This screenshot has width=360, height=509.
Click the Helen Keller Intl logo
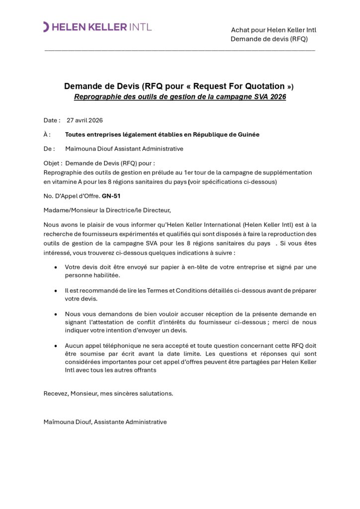tap(97, 27)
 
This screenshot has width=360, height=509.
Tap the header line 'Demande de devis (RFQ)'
tap(269, 39)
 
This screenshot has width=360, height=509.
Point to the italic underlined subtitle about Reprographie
tap(180, 97)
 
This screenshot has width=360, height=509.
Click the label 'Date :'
tap(52, 120)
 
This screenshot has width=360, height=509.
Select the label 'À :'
tap(47, 134)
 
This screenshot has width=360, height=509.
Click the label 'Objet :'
tap(53, 163)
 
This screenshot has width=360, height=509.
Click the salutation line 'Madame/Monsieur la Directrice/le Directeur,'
tap(107, 210)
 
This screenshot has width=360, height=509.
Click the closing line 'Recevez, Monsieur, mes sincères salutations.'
tap(108, 393)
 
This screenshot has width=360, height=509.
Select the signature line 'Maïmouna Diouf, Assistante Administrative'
tap(105, 422)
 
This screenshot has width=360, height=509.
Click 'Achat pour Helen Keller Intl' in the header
tap(273, 30)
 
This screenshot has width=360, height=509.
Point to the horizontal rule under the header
tap(180, 50)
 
